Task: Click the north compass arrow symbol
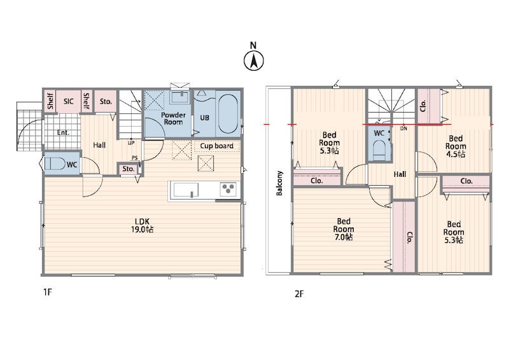pos(253,60)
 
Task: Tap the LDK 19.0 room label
pos(142,226)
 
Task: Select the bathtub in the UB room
pos(228,114)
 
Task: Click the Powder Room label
pos(173,118)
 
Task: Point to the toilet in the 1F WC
pos(53,164)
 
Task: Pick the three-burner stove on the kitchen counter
pos(228,190)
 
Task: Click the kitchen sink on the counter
pos(186,190)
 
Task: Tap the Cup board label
pos(216,146)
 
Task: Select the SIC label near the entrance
pos(69,102)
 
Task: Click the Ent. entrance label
pos(63,132)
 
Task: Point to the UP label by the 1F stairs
pos(131,143)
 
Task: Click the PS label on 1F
pos(135,158)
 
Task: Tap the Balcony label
pos(279,183)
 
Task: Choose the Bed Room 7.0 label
pos(344,229)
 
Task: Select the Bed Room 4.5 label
pos(456,146)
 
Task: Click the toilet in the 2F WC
pos(379,150)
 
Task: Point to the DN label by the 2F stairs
pos(403,128)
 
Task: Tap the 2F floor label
pos(299,294)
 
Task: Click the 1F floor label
pos(47,292)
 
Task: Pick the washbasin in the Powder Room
pos(179,97)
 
